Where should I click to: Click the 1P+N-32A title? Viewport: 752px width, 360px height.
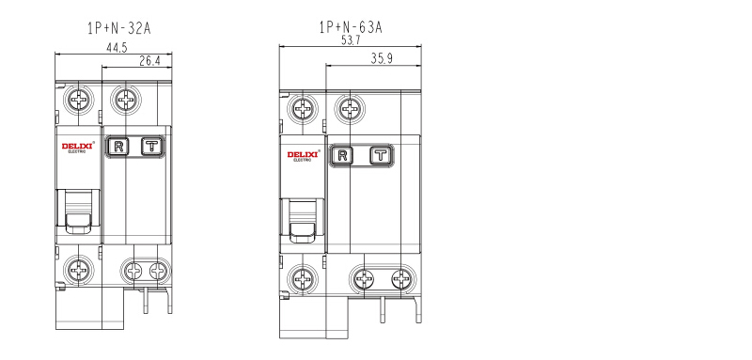pos(119,28)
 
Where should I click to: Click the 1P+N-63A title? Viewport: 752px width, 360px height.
pos(351,27)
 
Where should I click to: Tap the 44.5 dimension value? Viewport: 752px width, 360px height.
pos(117,48)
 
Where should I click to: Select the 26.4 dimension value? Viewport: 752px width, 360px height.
pos(149,61)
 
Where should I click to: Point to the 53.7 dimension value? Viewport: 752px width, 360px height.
pos(351,40)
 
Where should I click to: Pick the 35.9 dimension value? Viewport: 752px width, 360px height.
pos(382,58)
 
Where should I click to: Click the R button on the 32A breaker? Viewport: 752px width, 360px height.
pos(118,147)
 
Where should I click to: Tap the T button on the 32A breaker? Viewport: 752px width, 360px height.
pos(152,147)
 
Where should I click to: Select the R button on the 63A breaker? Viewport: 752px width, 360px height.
pos(342,156)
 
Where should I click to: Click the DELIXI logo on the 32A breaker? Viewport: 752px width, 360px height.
pos(77,147)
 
